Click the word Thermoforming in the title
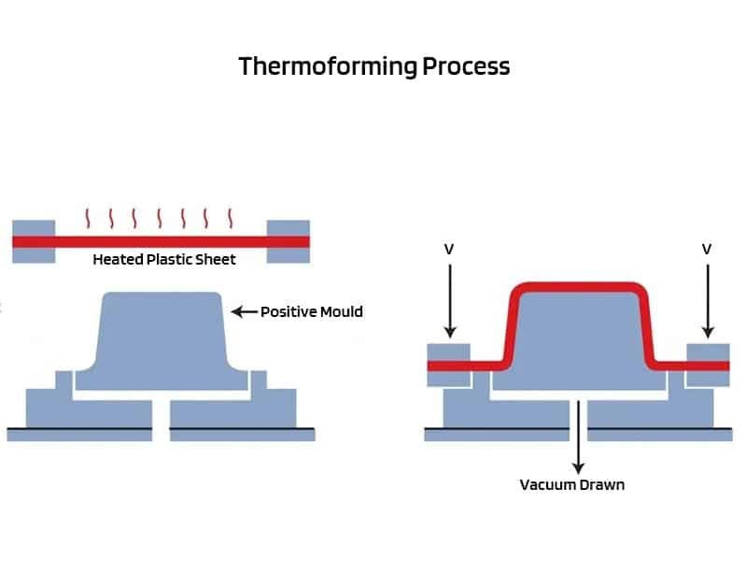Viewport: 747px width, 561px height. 327,67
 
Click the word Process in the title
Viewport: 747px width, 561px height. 466,67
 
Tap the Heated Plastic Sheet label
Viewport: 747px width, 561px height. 163,260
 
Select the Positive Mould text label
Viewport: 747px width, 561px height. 311,311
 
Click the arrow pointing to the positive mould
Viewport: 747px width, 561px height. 243,311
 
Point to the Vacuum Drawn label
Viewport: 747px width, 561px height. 571,484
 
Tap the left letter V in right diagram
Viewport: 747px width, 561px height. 449,250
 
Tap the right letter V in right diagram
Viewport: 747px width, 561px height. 707,250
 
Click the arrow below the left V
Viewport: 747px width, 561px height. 449,299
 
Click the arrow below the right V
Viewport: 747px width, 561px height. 707,299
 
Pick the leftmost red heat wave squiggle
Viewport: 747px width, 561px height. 90,218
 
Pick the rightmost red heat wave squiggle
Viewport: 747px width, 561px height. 231,218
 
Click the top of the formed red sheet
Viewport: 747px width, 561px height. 579,286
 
